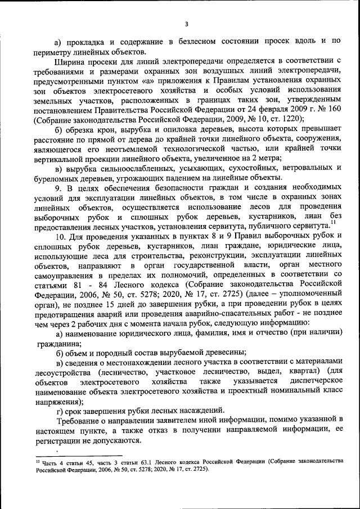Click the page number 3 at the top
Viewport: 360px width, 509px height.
[186, 24]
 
